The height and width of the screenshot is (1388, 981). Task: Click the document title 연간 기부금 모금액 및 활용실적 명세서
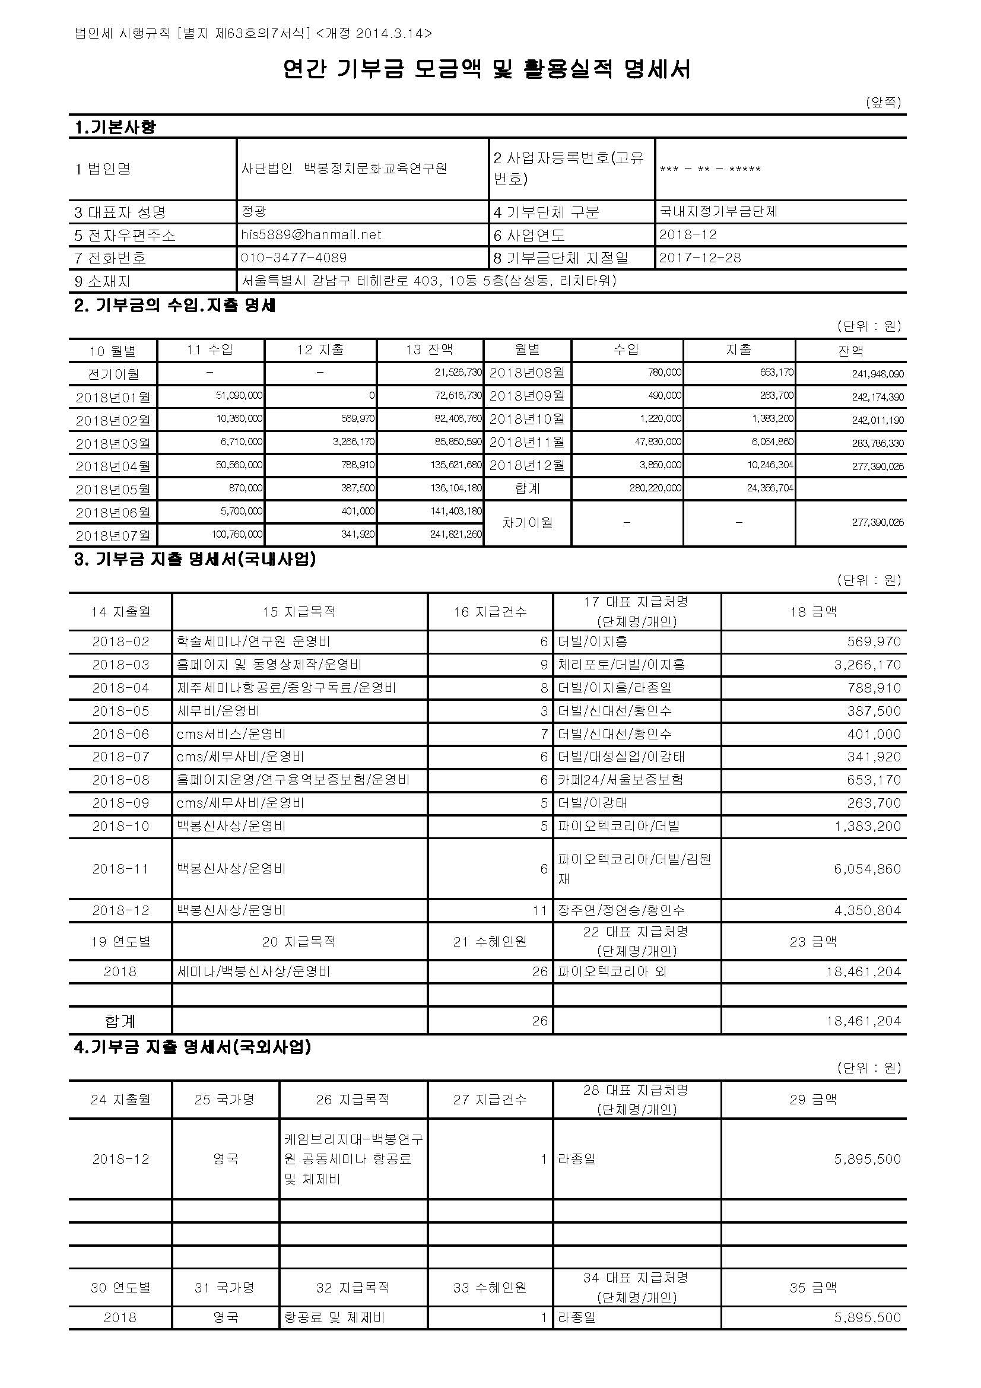pyautogui.click(x=487, y=69)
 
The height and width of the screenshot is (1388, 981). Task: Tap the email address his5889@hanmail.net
pyautogui.click(x=311, y=234)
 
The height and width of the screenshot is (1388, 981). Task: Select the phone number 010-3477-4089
pyautogui.click(x=294, y=258)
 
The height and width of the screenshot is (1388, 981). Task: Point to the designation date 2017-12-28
pyautogui.click(x=700, y=258)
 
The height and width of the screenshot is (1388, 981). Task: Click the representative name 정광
pyautogui.click(x=254, y=211)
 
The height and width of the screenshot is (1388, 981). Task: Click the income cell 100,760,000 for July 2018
pyautogui.click(x=237, y=535)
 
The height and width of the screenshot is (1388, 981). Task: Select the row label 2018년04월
pyautogui.click(x=113, y=466)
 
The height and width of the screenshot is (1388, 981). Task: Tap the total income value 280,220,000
pyautogui.click(x=655, y=488)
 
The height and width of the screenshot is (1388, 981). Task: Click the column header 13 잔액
pyautogui.click(x=429, y=350)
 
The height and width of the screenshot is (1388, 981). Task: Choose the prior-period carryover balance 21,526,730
pyautogui.click(x=458, y=373)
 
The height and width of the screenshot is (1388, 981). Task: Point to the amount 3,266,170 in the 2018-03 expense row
pyautogui.click(x=868, y=665)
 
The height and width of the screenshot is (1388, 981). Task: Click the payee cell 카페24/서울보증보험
pyautogui.click(x=620, y=780)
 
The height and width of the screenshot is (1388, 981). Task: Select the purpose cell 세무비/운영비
pyautogui.click(x=218, y=711)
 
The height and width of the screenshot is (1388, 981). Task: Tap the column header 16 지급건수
pyautogui.click(x=490, y=612)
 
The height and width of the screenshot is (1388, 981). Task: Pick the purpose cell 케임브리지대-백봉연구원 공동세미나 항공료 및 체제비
pyautogui.click(x=354, y=1159)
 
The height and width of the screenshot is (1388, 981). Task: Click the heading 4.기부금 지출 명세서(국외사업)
pyautogui.click(x=192, y=1046)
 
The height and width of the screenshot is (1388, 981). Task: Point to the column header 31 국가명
pyautogui.click(x=225, y=1288)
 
